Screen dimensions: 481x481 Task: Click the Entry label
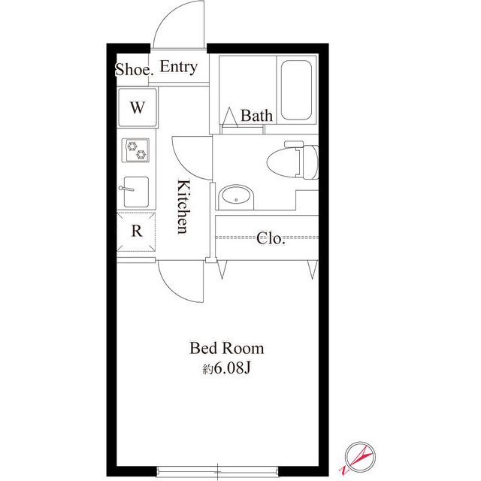(179, 67)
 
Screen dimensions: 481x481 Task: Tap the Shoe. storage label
(134, 69)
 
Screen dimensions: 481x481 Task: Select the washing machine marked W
(138, 107)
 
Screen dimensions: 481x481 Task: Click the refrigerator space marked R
(137, 231)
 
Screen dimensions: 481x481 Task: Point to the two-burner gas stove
(136, 150)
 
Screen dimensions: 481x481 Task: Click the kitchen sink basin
(137, 192)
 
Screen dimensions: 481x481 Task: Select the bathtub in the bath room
(296, 90)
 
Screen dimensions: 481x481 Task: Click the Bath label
(256, 116)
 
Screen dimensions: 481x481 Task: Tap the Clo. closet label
(271, 238)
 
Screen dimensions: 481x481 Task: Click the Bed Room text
(227, 348)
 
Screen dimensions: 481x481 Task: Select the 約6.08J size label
(227, 368)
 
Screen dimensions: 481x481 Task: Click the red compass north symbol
(358, 458)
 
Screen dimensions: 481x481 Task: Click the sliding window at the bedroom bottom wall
(217, 472)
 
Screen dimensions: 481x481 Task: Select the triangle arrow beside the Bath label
(230, 117)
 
